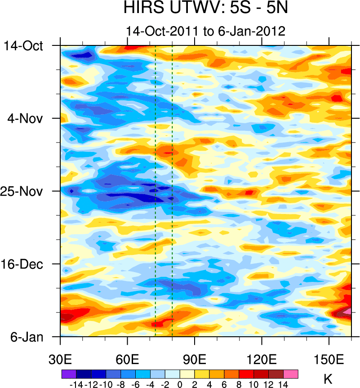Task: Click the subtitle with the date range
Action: point(206,31)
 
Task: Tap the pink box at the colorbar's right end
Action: point(291,374)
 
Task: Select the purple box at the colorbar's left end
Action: point(69,374)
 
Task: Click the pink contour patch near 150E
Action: point(346,311)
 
